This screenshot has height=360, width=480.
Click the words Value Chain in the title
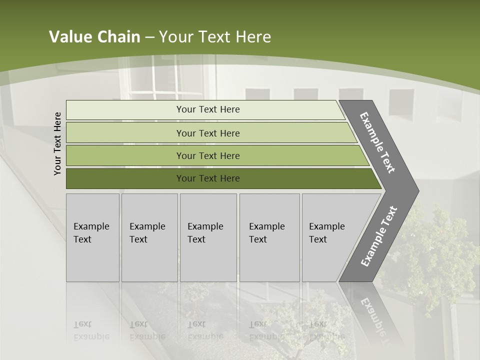point(94,37)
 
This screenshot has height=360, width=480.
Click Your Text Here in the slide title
point(215,37)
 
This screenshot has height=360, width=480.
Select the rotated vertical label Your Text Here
point(57,143)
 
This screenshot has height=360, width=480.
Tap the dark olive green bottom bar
point(125,178)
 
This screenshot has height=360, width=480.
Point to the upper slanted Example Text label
point(377,143)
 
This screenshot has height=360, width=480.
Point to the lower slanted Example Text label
point(378,236)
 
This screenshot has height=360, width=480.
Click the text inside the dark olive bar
point(208,178)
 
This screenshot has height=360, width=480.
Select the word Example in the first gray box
point(91,226)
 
